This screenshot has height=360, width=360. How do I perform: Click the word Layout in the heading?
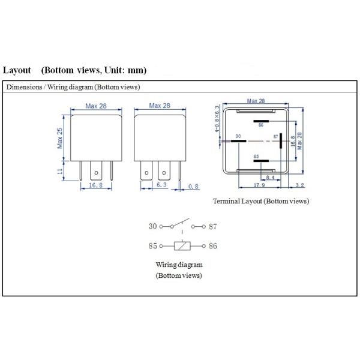17,70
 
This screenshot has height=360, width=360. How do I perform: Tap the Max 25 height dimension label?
60,138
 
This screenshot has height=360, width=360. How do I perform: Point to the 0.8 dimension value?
193,186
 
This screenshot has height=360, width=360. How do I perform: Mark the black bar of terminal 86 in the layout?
260,120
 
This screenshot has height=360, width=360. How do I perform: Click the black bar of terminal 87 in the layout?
281,142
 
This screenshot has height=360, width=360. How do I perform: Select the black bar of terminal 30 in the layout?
227,142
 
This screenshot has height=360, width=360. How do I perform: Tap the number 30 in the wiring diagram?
152,226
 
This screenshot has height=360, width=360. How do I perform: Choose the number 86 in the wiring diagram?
212,246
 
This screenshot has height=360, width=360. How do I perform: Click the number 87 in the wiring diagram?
212,226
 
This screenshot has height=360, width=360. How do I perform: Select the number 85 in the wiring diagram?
152,246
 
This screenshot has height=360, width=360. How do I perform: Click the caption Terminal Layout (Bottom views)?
261,201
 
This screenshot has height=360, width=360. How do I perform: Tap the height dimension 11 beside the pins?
60,170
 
